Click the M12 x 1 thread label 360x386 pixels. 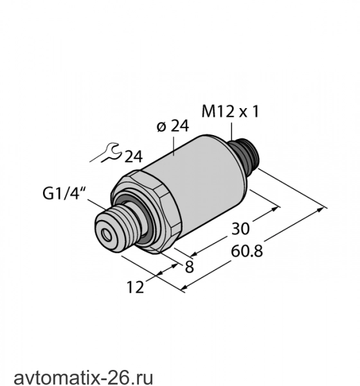pos(230,111)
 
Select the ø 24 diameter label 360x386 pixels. pos(173,126)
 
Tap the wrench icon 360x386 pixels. pos(106,152)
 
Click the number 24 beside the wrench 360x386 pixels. pos(134,156)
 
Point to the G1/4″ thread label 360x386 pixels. pos(64,194)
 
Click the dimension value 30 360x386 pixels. pos(240,228)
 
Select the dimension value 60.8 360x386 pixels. pos(247,252)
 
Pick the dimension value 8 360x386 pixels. pos(189,267)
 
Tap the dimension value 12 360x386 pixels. pos(135,287)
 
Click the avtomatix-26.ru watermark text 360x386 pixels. pos(84,378)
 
